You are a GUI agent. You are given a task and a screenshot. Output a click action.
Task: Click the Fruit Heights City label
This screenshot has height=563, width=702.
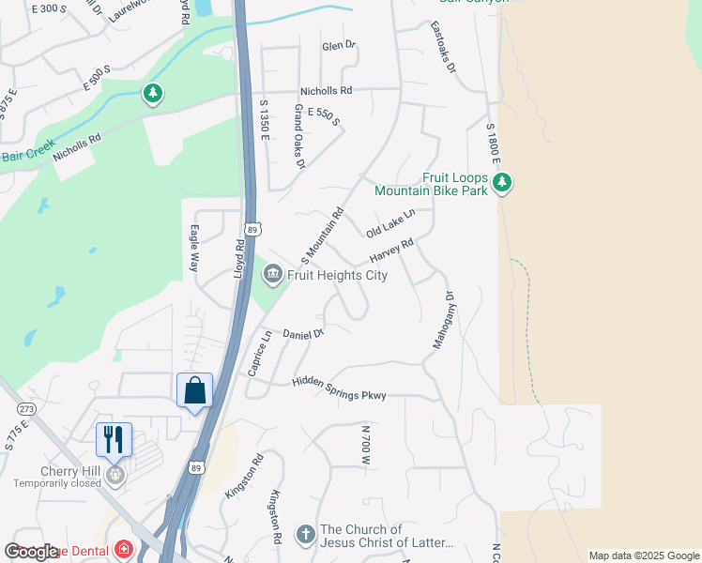coord(337,276)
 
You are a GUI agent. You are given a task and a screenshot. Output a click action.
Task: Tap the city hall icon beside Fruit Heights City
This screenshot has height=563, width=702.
coord(273,274)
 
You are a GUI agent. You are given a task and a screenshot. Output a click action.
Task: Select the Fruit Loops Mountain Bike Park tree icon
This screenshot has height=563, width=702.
coord(503,181)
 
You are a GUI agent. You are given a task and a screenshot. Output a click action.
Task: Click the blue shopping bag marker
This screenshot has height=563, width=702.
coord(194,390)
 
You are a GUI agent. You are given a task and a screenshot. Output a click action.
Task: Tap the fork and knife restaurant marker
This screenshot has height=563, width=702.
coord(114,438)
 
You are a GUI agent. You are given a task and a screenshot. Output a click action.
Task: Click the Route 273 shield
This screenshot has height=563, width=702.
coord(26,409)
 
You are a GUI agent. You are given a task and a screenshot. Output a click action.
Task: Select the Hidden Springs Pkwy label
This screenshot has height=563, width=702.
coord(339,388)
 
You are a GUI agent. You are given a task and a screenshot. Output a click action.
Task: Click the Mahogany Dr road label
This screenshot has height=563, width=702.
coord(443,321)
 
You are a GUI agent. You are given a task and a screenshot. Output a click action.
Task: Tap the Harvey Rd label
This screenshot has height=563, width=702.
coord(391,251)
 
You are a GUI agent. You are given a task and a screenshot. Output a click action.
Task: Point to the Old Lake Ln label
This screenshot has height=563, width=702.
coord(389,223)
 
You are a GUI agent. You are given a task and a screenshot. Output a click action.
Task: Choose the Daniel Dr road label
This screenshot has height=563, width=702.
coord(303,333)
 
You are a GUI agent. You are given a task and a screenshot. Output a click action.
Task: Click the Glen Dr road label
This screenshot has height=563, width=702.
coord(339,45)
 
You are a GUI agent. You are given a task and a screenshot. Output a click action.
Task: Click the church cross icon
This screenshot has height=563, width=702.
coord(305,535)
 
